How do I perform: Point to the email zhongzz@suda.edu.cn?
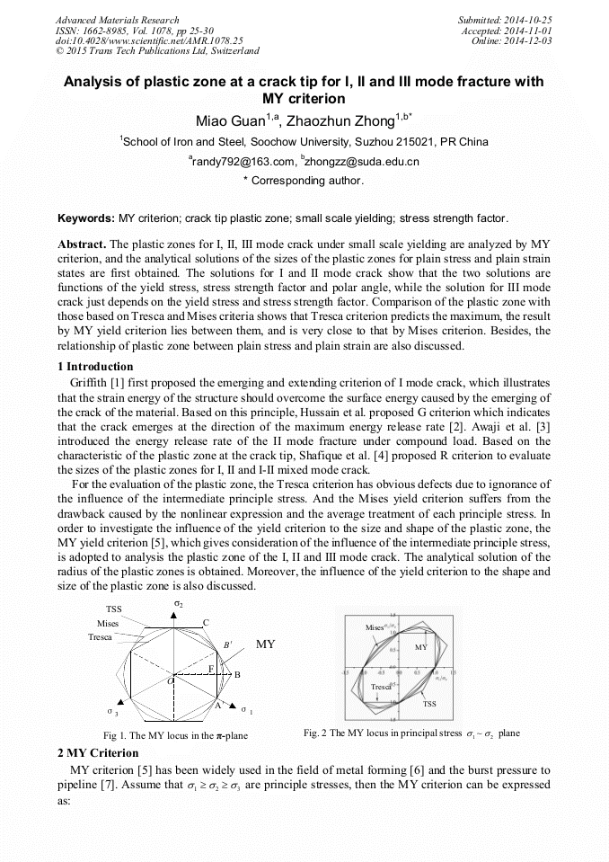pos(363,162)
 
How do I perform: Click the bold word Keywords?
pos(85,218)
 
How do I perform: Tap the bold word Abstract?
pos(82,244)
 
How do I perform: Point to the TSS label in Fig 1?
pos(114,609)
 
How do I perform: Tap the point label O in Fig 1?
pos(170,683)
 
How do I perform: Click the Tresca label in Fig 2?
pos(381,687)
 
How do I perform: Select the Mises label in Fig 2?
pos(375,627)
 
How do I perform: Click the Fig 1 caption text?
pos(176,735)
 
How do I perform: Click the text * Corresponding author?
pos(304,181)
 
